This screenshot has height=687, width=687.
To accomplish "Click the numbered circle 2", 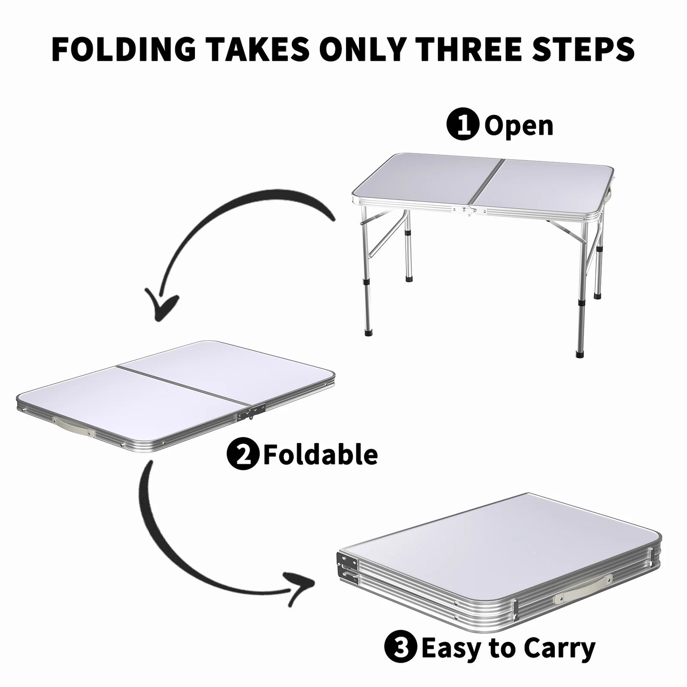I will point(244,454).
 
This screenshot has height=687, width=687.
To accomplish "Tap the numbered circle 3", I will point(400,648).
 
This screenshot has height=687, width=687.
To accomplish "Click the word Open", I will point(519,126).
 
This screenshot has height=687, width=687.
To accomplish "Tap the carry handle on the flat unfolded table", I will point(73,426).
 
